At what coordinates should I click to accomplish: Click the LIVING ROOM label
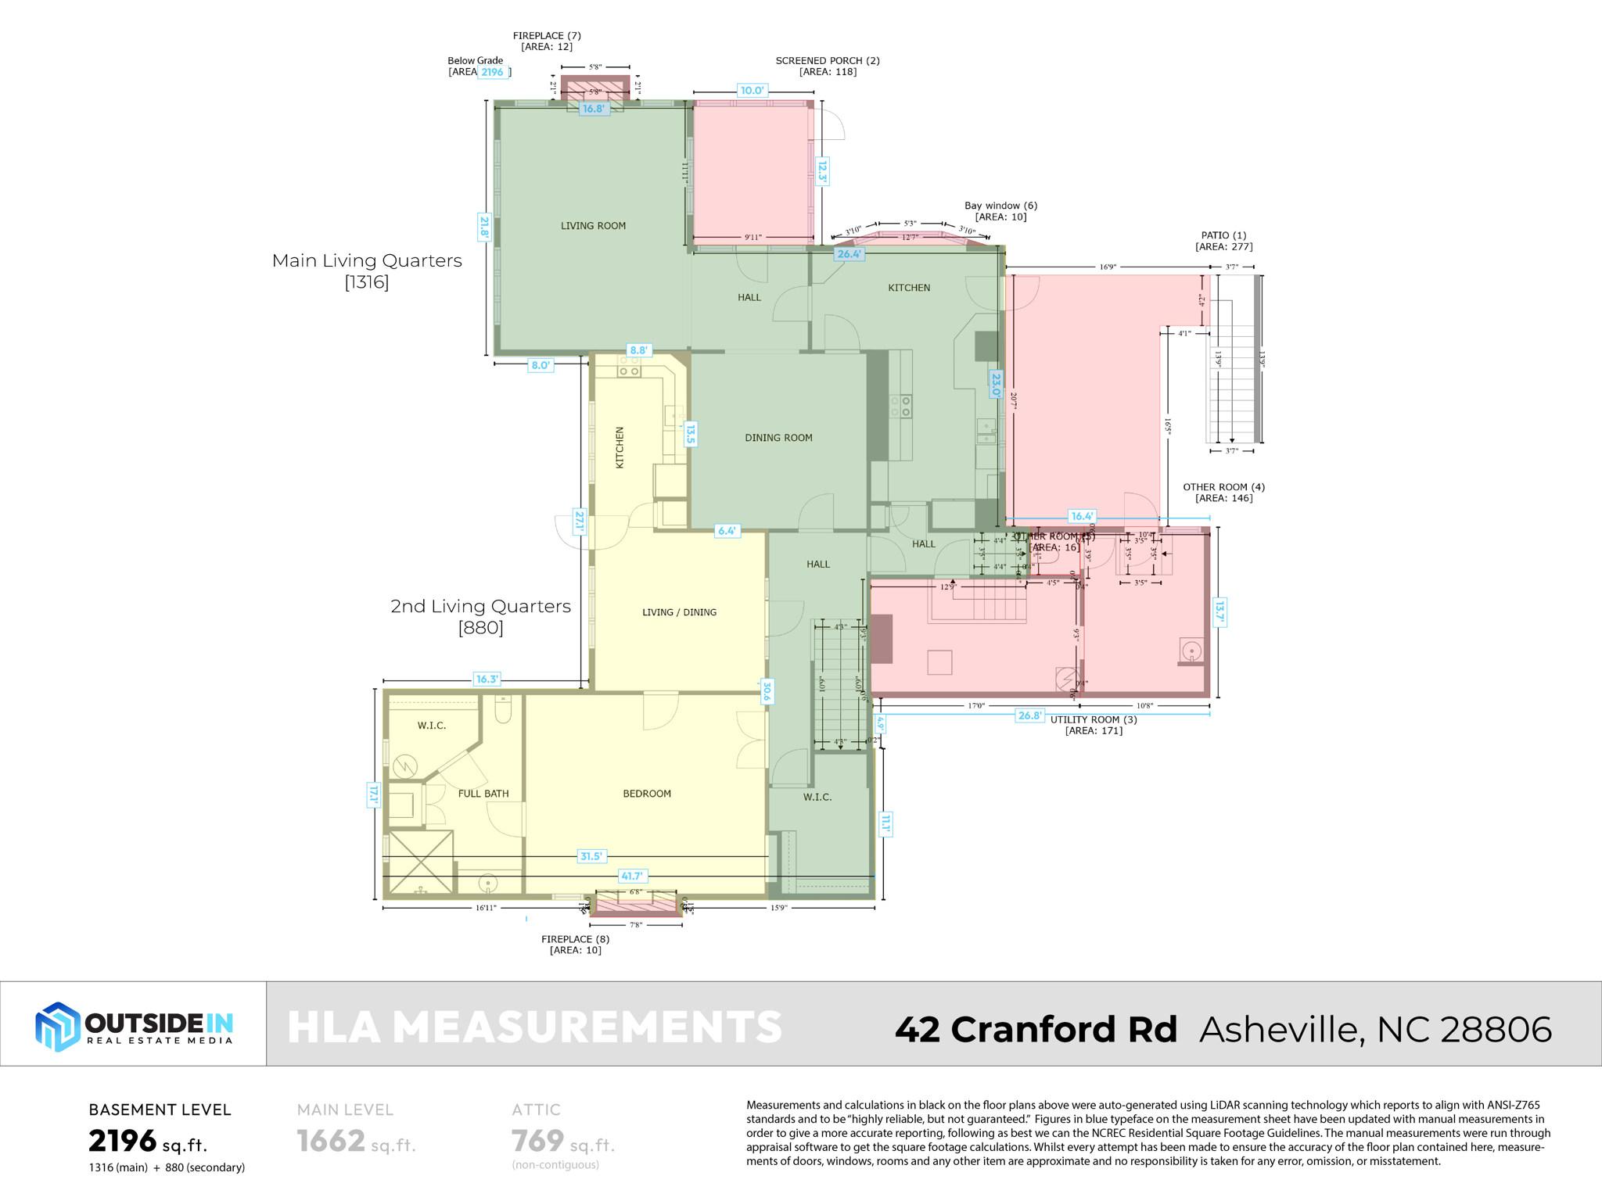pos(593,226)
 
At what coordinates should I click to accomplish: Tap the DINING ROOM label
pos(778,438)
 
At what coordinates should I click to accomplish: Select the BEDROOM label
pos(647,794)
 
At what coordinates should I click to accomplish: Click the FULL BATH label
pos(483,794)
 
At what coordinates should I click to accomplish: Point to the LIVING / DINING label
pos(679,612)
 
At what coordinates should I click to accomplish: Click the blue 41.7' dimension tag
pos(632,876)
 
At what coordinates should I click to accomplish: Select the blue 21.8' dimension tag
pos(484,227)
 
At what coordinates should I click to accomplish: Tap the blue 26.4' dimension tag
pos(849,254)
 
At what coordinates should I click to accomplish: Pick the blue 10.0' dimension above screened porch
pos(752,91)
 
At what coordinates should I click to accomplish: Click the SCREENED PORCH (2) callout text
pos(828,66)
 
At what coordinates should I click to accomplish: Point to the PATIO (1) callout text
pos(1223,241)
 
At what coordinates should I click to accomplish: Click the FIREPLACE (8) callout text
pos(575,945)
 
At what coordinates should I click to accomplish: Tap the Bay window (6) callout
pos(1000,211)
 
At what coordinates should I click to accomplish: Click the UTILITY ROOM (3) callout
pos(1094,725)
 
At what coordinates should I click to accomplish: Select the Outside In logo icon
pos(57,1026)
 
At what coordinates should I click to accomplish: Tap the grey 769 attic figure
pos(537,1142)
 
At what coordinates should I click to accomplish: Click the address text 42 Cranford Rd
pos(1036,1029)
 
